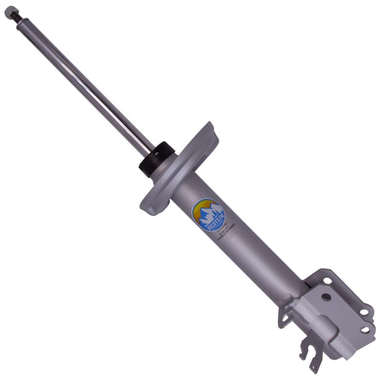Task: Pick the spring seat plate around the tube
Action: point(183,171)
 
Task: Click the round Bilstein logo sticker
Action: point(208,215)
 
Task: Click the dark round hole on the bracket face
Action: point(326,297)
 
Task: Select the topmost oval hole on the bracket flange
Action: point(328,280)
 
